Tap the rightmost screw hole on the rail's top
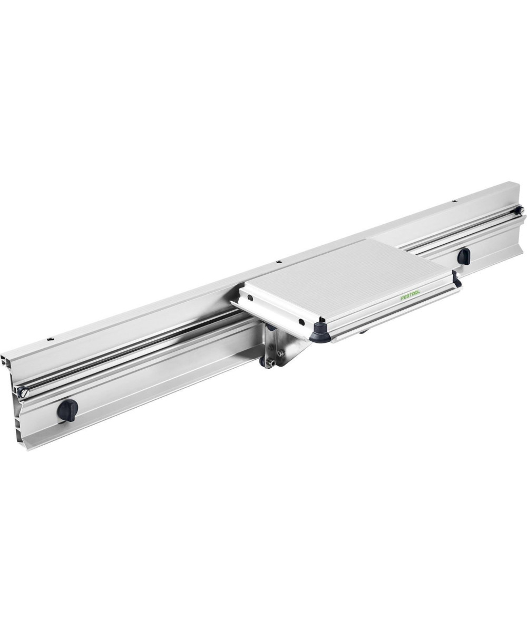[453, 201]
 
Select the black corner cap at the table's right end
[456, 281]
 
